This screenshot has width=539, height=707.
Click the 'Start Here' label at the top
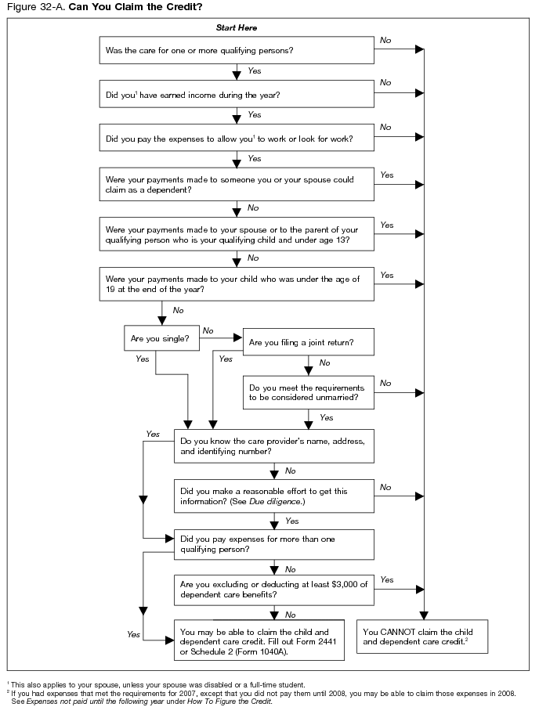click(236, 28)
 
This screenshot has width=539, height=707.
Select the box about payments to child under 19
click(236, 283)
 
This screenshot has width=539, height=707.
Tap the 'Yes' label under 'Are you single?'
click(142, 359)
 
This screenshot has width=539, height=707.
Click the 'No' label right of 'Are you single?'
click(208, 330)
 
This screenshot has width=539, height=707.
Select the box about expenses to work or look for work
click(236, 139)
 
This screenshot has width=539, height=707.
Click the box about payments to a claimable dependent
click(236, 185)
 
